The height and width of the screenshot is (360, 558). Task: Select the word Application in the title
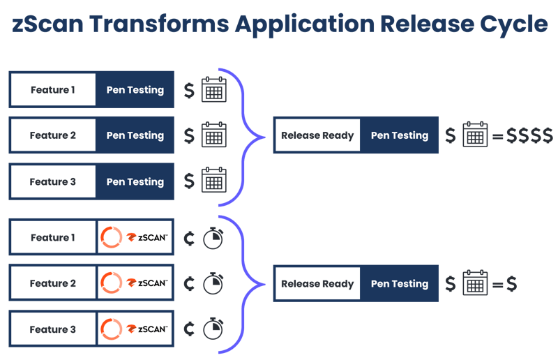tap(303, 24)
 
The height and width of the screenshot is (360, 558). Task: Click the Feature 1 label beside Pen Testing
tap(52, 89)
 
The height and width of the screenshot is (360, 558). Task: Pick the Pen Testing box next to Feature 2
tap(135, 135)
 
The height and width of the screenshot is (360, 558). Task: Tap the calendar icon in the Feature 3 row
tap(213, 181)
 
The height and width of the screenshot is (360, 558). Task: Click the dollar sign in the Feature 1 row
tap(189, 90)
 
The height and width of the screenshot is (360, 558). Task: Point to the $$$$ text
tap(530, 135)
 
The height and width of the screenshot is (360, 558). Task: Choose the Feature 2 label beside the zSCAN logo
tap(52, 284)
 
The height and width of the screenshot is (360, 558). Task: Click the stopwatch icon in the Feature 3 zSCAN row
tap(213, 329)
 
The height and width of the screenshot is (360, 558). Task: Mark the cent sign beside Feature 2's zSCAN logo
tap(188, 284)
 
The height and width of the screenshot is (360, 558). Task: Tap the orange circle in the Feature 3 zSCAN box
tap(111, 329)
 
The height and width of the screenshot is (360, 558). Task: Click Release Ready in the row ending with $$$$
tap(317, 135)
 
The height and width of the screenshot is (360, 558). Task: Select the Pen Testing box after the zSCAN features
tap(399, 284)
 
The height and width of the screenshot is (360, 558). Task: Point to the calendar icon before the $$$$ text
tap(475, 135)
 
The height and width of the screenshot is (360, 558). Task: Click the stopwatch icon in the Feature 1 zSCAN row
tap(213, 238)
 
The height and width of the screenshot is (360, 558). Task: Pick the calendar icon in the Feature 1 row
tap(213, 90)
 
